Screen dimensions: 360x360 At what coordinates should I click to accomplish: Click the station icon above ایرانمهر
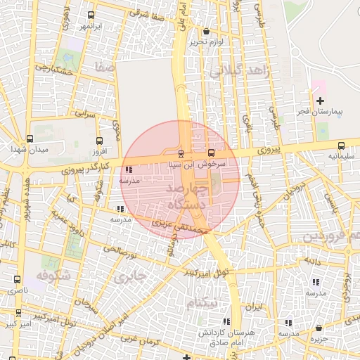point(91,15)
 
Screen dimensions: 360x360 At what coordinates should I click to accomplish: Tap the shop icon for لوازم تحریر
point(205,31)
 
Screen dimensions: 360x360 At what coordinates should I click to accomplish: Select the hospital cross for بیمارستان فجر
point(320,101)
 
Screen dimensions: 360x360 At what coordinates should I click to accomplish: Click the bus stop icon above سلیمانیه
point(341,146)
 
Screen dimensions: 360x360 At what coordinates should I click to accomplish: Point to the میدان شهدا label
point(28,150)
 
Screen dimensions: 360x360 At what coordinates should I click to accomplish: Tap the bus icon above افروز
point(98,141)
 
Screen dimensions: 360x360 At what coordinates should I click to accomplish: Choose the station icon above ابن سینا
point(181,153)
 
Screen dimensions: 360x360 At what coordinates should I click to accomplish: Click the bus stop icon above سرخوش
point(211,153)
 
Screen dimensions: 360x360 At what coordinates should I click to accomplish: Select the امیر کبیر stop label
point(15,324)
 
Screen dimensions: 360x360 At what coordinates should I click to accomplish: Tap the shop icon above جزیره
point(319,328)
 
